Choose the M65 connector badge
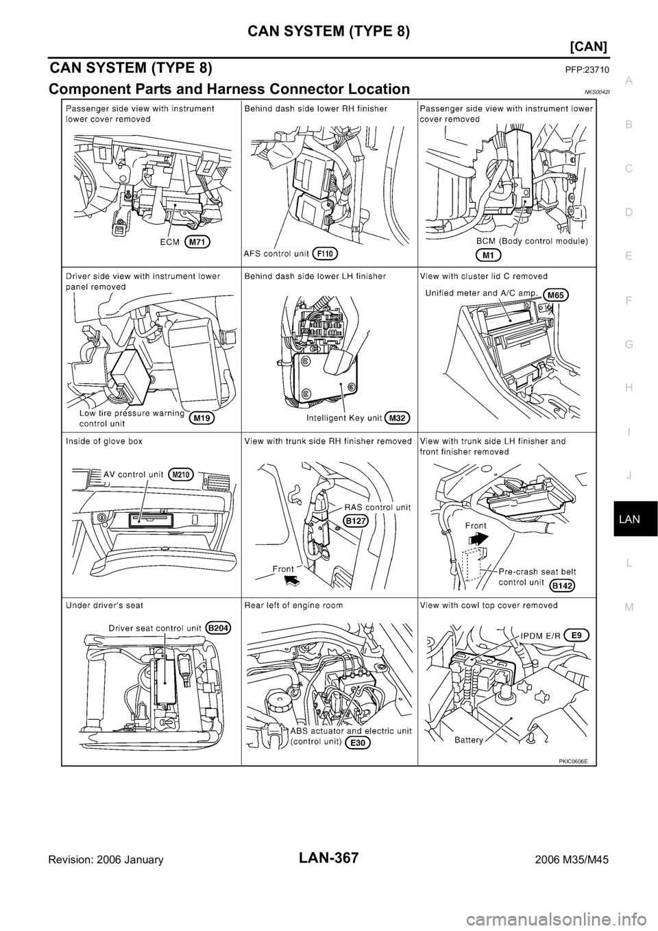pos(557,295)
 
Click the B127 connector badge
pos(355,521)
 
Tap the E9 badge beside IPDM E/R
pos(577,636)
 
